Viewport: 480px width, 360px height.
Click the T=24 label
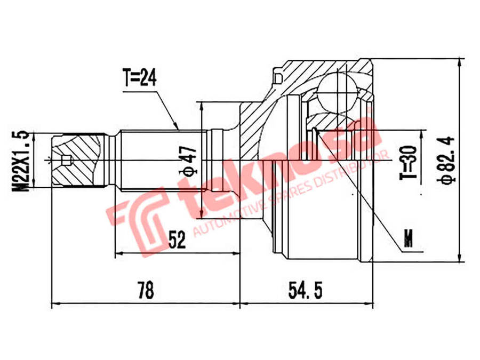(x=140, y=77)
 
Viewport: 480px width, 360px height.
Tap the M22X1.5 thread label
(x=20, y=162)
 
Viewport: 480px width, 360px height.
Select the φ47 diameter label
(x=188, y=161)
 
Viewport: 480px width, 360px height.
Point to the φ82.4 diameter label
(x=446, y=160)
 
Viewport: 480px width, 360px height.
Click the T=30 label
(x=409, y=162)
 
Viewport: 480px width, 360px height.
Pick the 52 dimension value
(x=177, y=239)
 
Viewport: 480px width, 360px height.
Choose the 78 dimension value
(x=146, y=290)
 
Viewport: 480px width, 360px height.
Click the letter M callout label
(x=408, y=238)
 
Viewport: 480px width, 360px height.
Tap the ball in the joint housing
(x=338, y=91)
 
